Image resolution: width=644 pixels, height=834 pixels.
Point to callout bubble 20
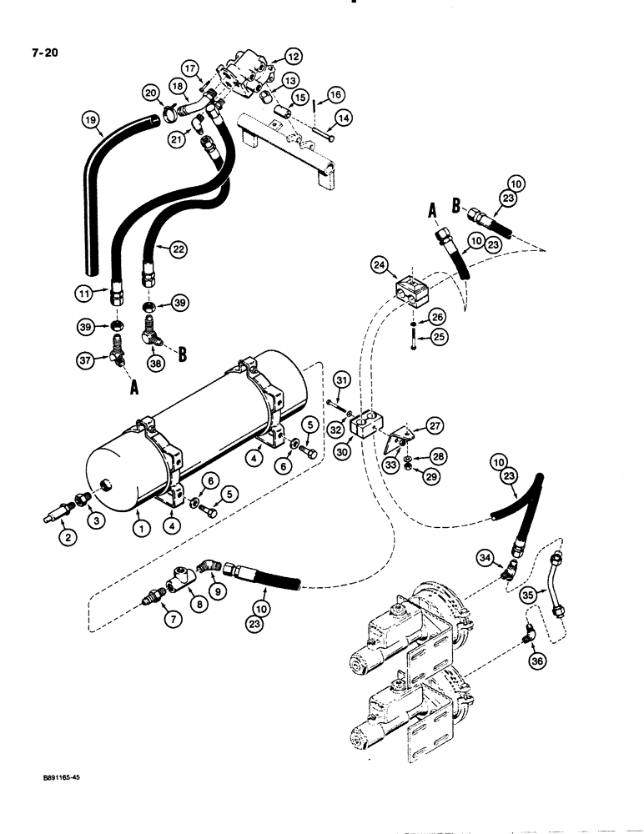[150, 92]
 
